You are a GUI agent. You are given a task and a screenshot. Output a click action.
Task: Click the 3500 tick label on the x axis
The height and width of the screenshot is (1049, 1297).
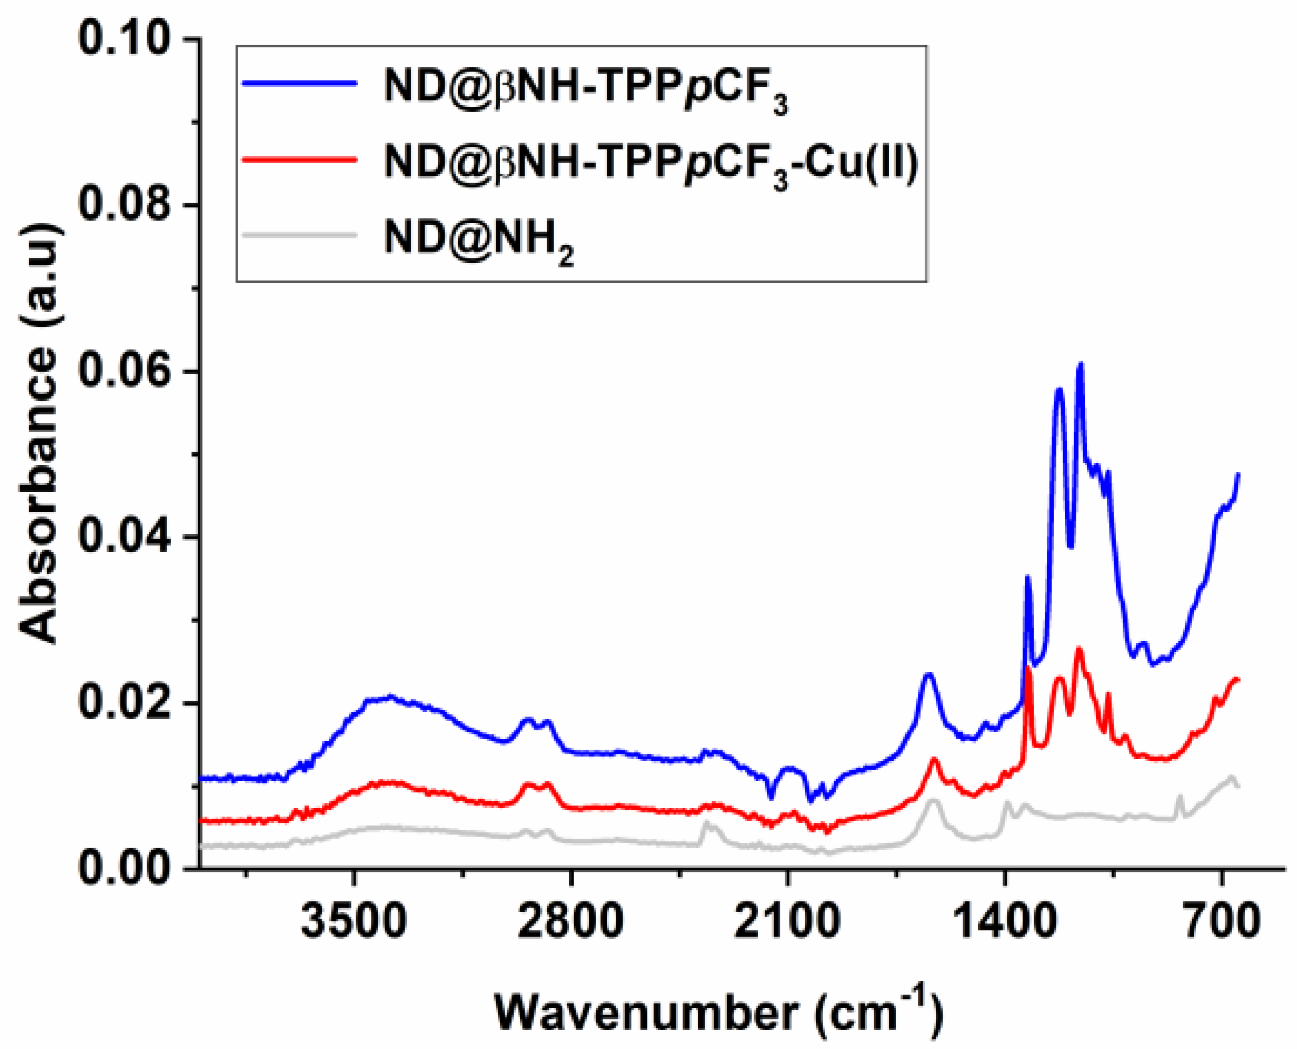click(x=354, y=920)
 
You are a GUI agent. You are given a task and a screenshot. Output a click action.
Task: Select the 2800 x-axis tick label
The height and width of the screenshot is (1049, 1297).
click(x=570, y=920)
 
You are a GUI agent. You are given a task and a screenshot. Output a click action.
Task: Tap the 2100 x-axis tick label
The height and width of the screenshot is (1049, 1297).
click(x=787, y=920)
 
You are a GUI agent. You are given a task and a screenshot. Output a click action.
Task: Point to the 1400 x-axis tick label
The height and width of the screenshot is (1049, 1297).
click(x=1004, y=920)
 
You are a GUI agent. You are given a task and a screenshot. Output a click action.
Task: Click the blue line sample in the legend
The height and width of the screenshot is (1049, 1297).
click(x=300, y=84)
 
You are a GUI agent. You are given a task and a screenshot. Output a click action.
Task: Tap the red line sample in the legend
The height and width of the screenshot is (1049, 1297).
click(x=300, y=160)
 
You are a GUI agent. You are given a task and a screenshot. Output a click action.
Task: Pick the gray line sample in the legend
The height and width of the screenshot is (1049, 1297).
click(x=300, y=234)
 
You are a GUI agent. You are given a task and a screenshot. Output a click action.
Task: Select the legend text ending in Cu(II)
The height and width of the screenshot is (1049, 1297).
click(x=651, y=163)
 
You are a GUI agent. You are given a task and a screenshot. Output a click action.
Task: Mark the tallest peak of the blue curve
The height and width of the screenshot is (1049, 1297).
click(x=1080, y=364)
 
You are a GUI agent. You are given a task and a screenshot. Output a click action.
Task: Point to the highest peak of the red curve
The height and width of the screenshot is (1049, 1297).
click(x=1079, y=649)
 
